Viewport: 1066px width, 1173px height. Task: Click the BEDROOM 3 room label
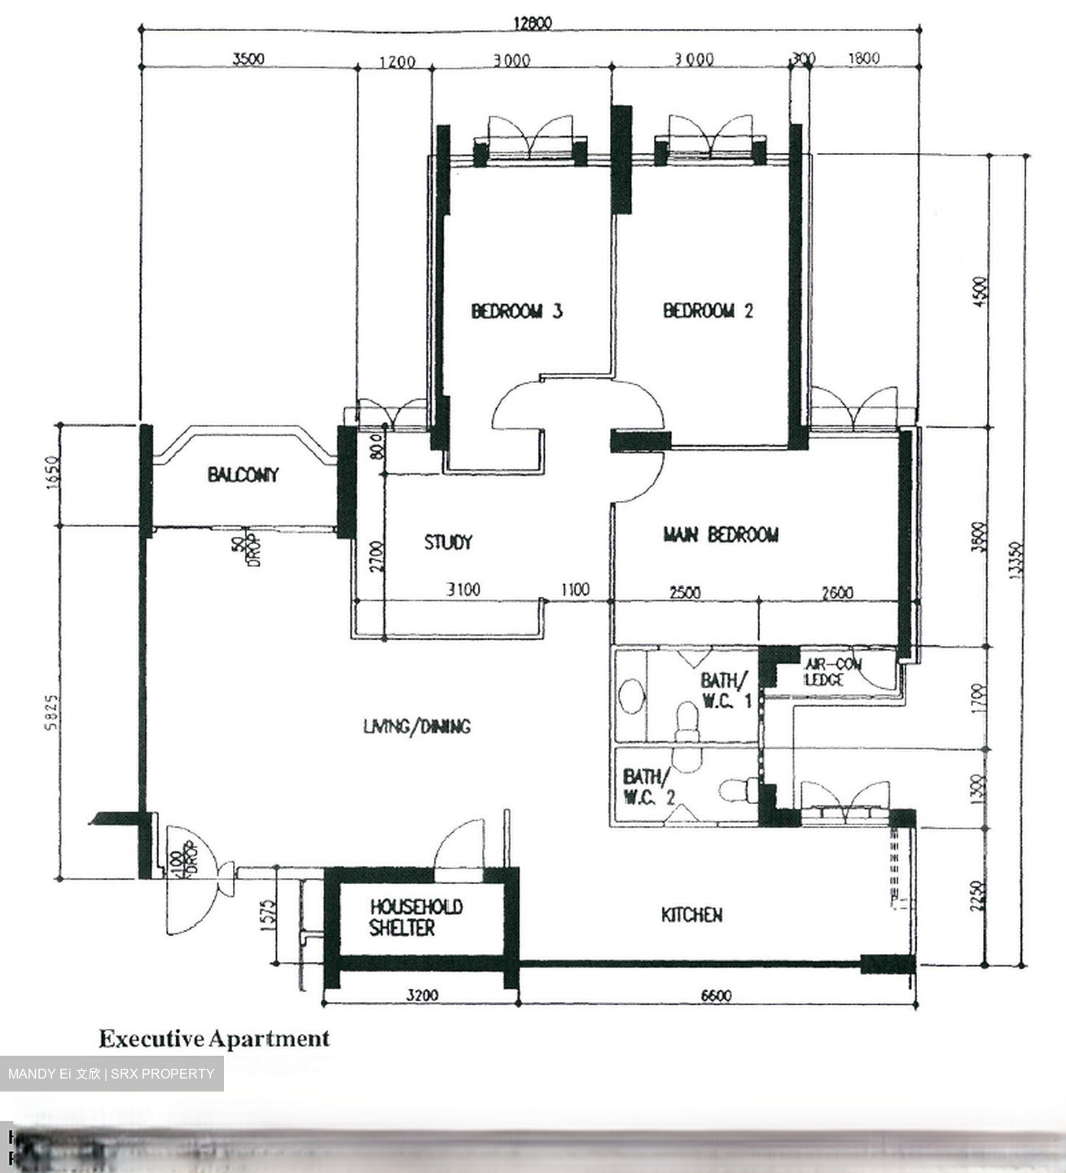tap(516, 311)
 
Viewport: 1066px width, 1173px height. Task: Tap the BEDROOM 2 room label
tap(708, 310)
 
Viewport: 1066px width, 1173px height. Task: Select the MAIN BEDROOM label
tap(721, 535)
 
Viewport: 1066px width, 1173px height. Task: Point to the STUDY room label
tap(448, 543)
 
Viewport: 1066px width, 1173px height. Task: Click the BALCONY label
tap(243, 475)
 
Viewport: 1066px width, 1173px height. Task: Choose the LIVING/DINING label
tap(416, 727)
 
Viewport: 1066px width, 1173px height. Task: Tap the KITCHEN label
tap(691, 916)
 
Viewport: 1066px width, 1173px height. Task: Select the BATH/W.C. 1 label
tap(724, 690)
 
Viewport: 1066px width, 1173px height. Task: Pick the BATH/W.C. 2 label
tap(647, 787)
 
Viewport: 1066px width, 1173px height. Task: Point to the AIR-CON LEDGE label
tap(831, 672)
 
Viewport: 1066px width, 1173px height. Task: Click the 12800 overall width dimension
tap(531, 23)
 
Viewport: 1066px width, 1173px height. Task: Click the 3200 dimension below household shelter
tap(422, 995)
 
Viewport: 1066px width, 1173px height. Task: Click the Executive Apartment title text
tap(214, 1039)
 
